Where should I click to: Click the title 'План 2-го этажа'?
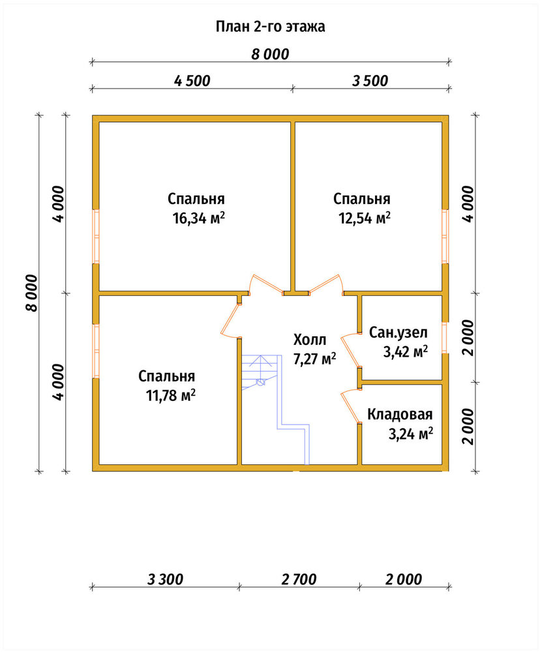pos(271,27)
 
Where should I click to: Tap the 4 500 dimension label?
pos(192,81)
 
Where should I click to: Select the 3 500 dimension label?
pos(370,81)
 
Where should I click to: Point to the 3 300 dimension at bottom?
pos(165,579)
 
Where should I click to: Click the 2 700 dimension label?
pos(299,579)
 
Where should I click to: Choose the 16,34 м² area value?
pos(199,218)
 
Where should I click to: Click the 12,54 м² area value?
pos(365,218)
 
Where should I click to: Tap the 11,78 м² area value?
pos(171,395)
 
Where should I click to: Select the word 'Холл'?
pos(310,340)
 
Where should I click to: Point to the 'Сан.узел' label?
pos(398,333)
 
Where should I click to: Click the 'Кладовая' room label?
pos(400,414)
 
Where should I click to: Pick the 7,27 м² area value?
pos(314,359)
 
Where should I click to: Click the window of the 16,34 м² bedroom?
pos(96,236)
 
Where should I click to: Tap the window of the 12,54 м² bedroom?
pos(445,236)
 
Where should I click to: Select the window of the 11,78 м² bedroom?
pos(96,351)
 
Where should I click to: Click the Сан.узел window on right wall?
pos(445,337)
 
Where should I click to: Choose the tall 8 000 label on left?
pos(31,293)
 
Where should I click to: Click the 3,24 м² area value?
pos(411,434)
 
